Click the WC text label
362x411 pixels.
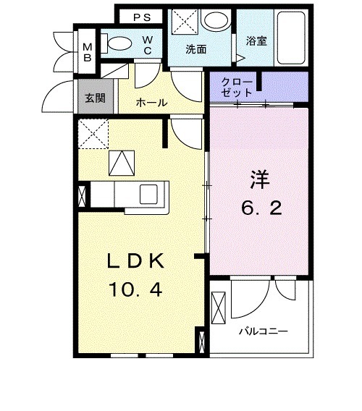146,45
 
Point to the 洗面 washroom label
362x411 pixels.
196,50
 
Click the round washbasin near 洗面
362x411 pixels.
214,21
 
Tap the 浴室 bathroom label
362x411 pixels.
257,41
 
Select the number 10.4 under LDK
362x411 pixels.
136,291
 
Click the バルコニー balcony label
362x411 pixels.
264,331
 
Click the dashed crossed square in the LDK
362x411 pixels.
93,134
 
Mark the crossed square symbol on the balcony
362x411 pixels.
219,307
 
